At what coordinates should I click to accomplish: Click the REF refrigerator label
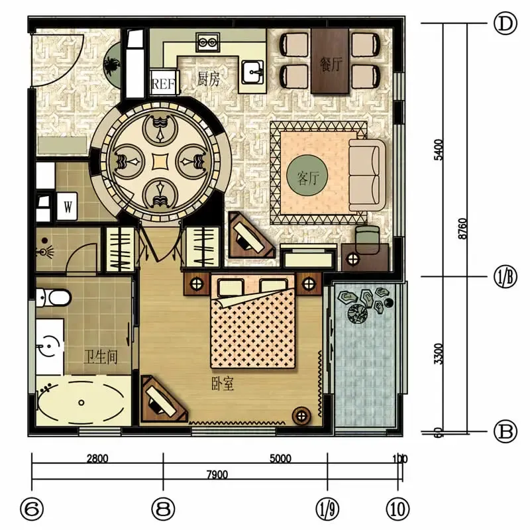164,83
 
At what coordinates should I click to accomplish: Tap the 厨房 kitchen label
208,79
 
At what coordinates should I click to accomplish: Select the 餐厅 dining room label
331,64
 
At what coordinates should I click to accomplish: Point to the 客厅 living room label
308,177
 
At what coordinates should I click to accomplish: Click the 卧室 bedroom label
223,384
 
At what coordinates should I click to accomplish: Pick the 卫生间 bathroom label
101,357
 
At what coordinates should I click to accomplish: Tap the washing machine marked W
68,206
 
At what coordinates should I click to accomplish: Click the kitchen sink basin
253,72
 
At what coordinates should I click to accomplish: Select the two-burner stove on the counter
208,42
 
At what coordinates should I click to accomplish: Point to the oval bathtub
80,402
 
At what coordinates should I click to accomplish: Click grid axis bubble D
505,24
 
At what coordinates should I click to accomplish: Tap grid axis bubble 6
32,509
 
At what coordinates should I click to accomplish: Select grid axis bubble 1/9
327,509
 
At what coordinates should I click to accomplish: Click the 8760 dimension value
463,229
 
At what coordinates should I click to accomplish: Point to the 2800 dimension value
97,458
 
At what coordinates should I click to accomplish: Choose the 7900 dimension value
217,474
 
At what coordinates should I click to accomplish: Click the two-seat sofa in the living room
367,175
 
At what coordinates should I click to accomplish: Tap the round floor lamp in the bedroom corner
301,416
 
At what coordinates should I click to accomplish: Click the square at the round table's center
160,162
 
